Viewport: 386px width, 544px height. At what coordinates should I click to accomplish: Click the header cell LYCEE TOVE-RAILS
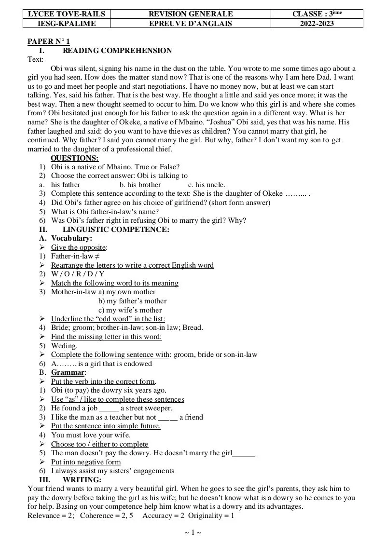(66, 14)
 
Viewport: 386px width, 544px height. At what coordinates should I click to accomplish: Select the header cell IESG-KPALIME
(66, 24)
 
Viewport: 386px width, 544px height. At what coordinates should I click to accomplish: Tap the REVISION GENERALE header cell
(191, 14)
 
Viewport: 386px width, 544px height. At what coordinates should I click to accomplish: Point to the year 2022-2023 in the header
(317, 24)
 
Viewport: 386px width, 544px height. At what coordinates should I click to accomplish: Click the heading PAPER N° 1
(49, 42)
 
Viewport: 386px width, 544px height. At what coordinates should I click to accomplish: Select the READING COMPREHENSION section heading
(117, 51)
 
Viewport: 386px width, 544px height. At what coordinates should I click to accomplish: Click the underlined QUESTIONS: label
(75, 158)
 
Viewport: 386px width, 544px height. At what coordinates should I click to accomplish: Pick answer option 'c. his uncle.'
(207, 185)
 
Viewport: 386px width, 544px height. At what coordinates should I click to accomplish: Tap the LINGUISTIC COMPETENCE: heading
(116, 230)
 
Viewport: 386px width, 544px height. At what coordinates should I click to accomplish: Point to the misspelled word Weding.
(64, 346)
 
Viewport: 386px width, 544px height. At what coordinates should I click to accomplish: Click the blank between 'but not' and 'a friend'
(167, 418)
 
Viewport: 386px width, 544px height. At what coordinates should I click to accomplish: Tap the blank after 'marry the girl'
(244, 453)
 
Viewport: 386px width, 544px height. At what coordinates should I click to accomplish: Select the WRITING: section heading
(82, 480)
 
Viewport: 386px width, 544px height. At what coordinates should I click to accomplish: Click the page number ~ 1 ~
(193, 532)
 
